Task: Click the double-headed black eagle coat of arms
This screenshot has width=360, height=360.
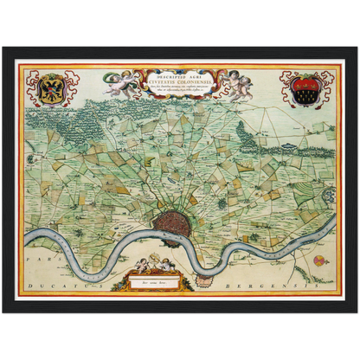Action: [x=51, y=88]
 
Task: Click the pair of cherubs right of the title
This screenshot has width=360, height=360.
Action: [x=236, y=84]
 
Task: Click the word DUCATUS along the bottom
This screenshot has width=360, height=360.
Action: [x=51, y=285]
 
